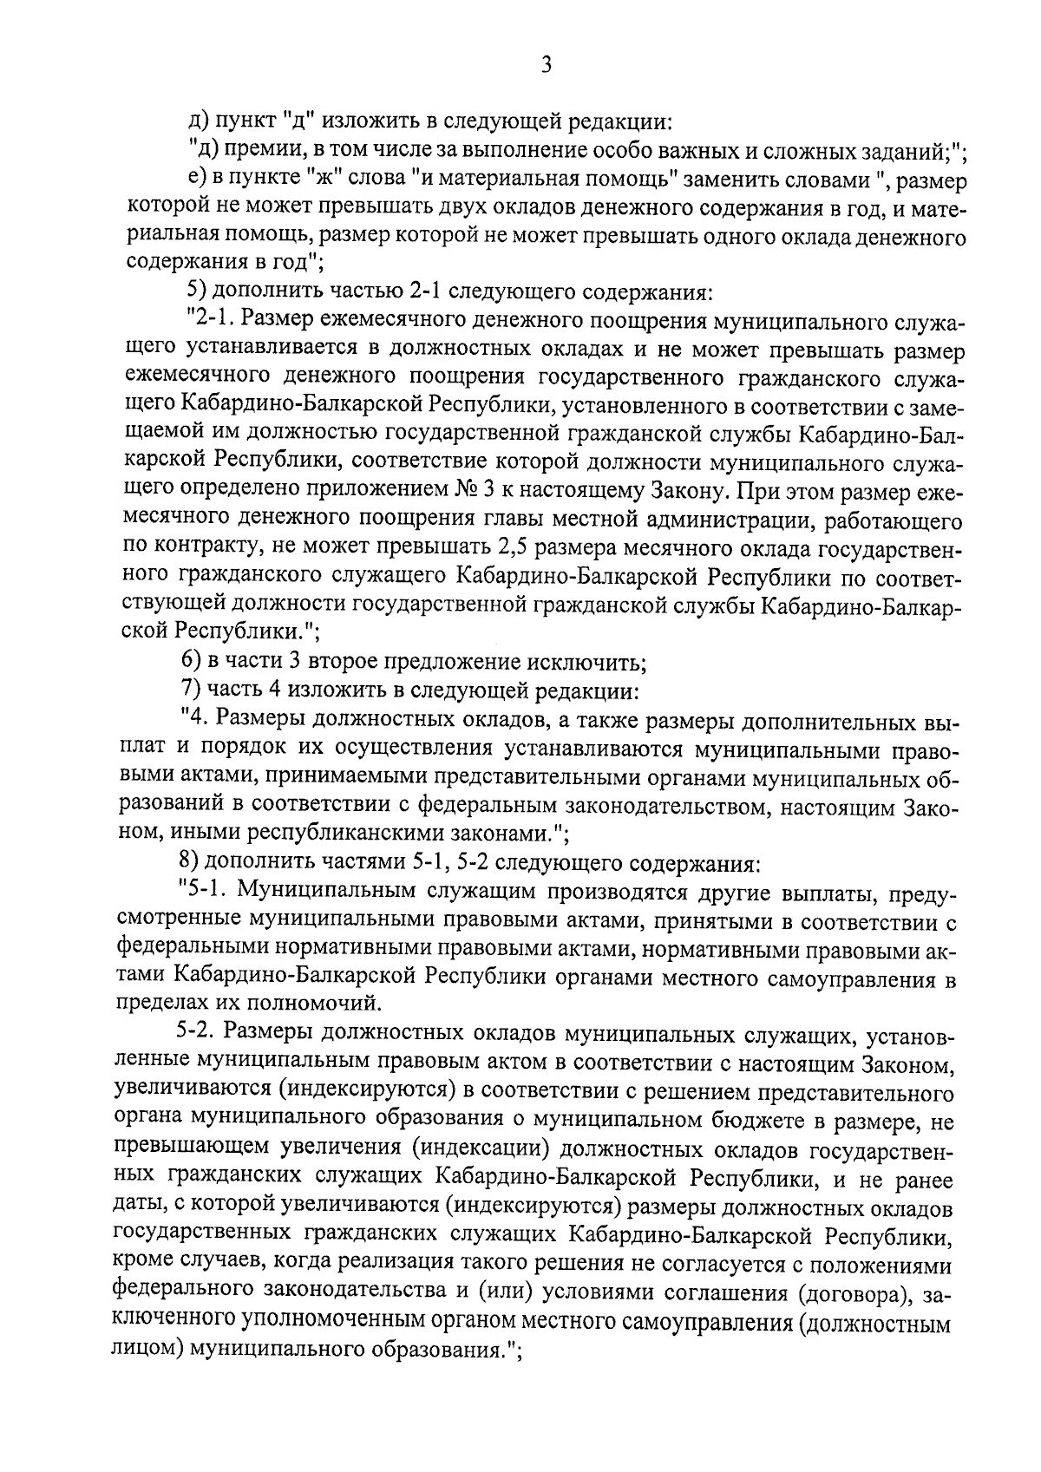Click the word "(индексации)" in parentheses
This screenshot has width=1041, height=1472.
(x=482, y=1150)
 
